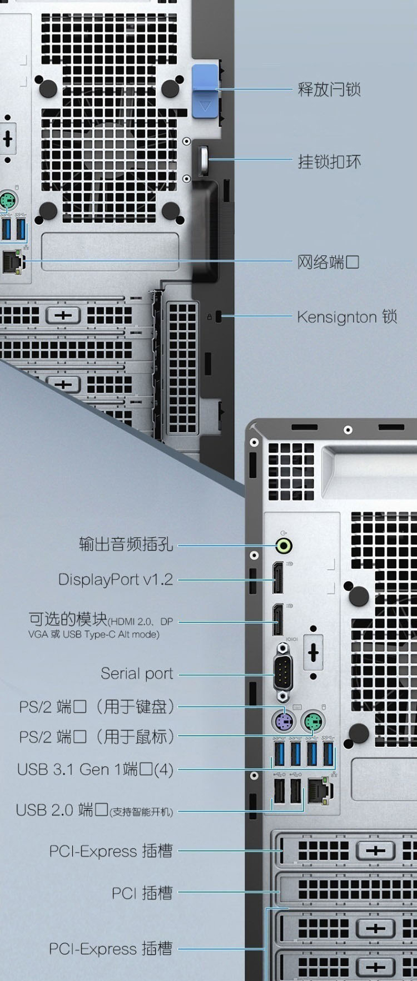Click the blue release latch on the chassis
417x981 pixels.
click(x=205, y=91)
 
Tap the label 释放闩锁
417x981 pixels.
click(x=329, y=89)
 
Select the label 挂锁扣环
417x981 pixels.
click(x=329, y=162)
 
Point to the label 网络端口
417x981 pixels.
click(x=329, y=261)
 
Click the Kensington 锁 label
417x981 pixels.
click(x=347, y=317)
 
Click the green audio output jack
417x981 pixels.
click(x=284, y=546)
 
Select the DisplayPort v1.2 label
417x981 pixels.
click(x=116, y=579)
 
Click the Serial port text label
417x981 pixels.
click(x=137, y=673)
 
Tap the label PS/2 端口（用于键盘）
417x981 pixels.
click(x=97, y=707)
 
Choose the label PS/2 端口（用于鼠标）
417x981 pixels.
click(x=97, y=737)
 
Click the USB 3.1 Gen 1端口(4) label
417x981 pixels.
click(x=95, y=770)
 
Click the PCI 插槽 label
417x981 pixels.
click(x=142, y=893)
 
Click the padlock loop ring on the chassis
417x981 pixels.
click(x=204, y=160)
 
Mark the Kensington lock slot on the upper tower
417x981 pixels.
click(x=218, y=317)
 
